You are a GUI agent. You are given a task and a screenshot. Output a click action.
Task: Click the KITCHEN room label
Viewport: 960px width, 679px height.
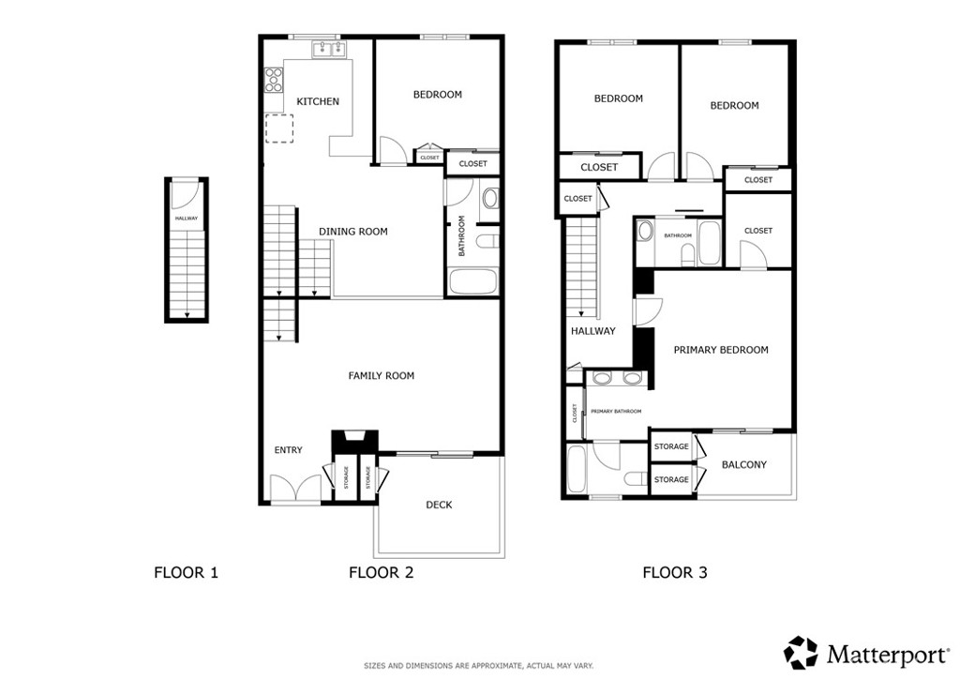pyautogui.click(x=318, y=101)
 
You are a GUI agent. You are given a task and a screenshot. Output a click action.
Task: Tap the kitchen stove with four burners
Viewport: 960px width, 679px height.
pyautogui.click(x=274, y=80)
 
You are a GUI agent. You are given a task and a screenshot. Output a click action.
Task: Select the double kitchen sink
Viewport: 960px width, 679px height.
pyautogui.click(x=329, y=49)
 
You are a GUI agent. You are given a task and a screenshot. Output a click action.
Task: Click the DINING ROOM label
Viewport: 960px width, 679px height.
pyautogui.click(x=353, y=232)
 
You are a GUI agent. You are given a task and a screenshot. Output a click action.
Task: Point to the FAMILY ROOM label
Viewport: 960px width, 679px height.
pyautogui.click(x=382, y=376)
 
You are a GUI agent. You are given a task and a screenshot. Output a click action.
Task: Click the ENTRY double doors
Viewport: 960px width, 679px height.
pyautogui.click(x=295, y=489)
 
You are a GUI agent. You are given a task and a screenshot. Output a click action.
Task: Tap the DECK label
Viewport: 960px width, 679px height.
pyautogui.click(x=439, y=505)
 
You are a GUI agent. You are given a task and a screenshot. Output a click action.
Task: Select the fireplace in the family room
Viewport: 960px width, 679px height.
pyautogui.click(x=355, y=440)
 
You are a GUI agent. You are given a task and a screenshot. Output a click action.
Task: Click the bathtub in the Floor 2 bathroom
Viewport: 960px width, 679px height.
pyautogui.click(x=472, y=281)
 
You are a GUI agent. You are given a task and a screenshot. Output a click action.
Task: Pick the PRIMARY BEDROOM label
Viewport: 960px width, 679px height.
pyautogui.click(x=721, y=350)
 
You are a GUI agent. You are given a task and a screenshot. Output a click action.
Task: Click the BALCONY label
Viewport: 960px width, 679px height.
pyautogui.click(x=743, y=465)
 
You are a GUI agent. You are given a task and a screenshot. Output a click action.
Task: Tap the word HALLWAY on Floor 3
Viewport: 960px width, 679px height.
pyautogui.click(x=593, y=331)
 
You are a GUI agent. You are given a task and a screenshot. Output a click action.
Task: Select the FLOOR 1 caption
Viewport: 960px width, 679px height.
pyautogui.click(x=187, y=573)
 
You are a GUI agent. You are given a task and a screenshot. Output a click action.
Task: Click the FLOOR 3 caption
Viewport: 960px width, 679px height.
pyautogui.click(x=675, y=573)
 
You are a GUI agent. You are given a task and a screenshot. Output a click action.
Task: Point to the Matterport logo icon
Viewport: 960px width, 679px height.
pyautogui.click(x=801, y=653)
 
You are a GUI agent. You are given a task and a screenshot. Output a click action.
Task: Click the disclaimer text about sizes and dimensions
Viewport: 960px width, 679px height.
pyautogui.click(x=479, y=666)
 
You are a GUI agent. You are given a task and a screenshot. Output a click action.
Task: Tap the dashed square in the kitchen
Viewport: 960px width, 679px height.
pyautogui.click(x=279, y=128)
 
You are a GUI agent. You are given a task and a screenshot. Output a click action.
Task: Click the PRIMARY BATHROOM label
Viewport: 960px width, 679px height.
pyautogui.click(x=616, y=412)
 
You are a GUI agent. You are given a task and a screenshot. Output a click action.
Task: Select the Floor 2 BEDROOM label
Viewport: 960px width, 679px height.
pyautogui.click(x=438, y=95)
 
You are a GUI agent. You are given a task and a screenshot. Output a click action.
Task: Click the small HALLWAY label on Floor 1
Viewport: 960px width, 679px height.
pyautogui.click(x=187, y=219)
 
